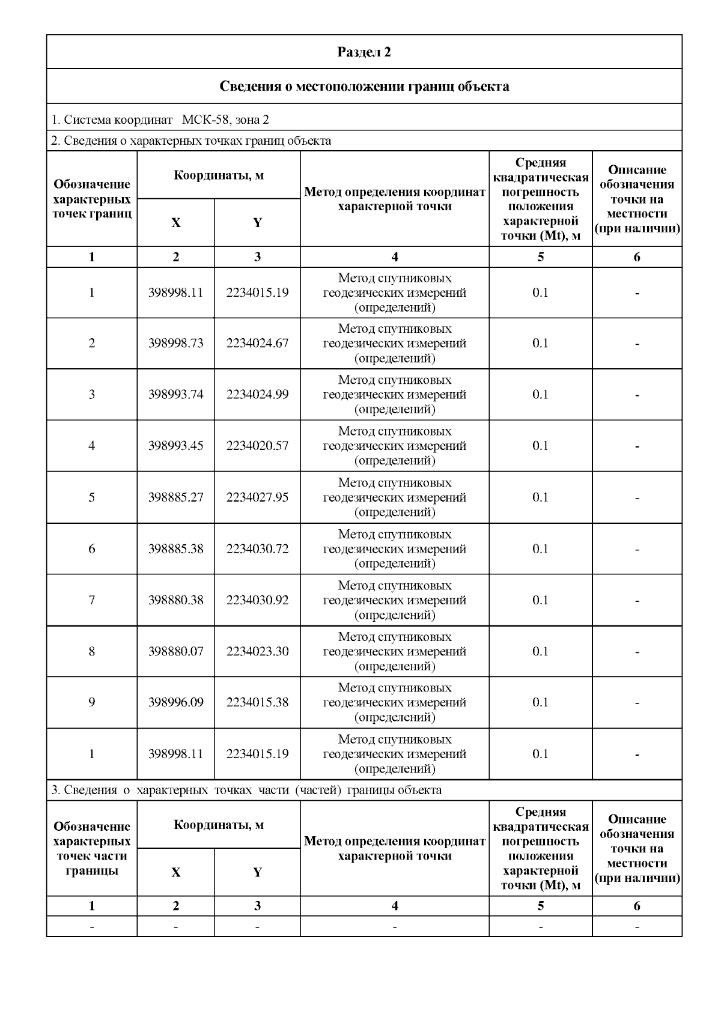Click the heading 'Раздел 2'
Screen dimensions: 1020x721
(364, 52)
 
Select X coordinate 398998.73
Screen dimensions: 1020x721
(175, 344)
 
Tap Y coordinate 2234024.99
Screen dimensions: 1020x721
(257, 395)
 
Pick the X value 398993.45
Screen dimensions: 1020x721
(175, 446)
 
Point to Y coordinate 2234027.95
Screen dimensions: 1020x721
(257, 497)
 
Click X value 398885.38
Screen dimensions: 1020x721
(175, 549)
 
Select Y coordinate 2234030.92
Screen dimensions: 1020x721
(257, 600)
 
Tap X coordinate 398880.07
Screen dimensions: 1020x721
(175, 652)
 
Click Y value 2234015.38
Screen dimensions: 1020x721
(257, 703)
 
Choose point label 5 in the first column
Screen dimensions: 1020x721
(91, 497)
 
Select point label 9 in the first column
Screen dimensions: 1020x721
(91, 703)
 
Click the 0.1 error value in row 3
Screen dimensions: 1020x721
(540, 395)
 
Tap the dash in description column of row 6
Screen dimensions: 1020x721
(637, 549)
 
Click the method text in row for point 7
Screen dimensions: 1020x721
(395, 600)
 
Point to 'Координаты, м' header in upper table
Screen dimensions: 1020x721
(219, 175)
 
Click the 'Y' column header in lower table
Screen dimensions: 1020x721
(257, 872)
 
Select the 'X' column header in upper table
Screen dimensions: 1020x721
(175, 223)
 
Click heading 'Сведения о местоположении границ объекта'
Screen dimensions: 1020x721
(364, 87)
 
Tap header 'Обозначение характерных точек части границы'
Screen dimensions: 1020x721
(91, 848)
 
